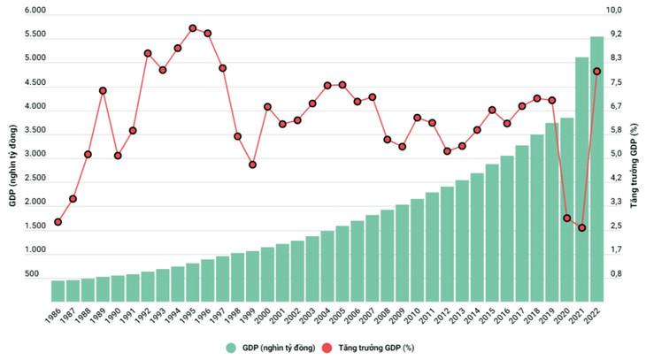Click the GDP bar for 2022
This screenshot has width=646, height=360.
[597, 159]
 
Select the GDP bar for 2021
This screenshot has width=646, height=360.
[582, 168]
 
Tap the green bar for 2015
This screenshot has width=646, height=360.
[492, 221]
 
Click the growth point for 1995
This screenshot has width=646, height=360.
[192, 27]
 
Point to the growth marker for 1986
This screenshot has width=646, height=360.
[58, 222]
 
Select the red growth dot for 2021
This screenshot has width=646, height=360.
[582, 228]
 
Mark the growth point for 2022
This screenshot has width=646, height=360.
[597, 72]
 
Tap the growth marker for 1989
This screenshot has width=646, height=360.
[103, 90]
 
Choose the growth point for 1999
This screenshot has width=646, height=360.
[252, 165]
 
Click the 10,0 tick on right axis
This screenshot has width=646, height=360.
[613, 10]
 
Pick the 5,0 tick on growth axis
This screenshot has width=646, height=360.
[613, 154]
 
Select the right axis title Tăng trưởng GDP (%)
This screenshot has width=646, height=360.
[634, 155]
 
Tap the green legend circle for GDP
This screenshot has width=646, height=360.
[232, 348]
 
